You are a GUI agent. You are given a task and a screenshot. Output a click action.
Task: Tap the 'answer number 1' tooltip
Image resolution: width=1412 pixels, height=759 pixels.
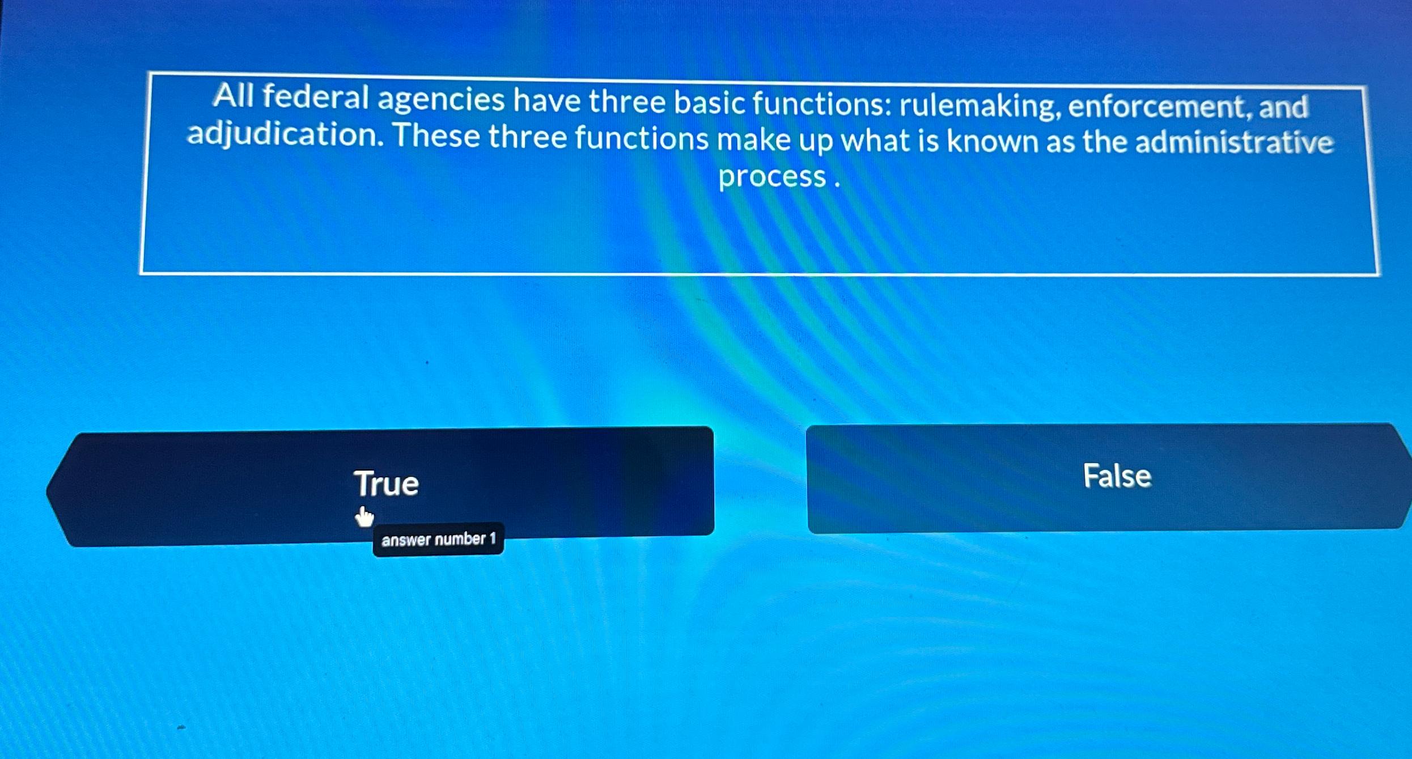[438, 539]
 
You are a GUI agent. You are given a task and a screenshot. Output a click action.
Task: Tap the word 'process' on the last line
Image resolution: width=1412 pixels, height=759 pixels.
[772, 177]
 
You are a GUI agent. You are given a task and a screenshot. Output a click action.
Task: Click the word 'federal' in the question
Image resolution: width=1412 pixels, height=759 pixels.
[315, 97]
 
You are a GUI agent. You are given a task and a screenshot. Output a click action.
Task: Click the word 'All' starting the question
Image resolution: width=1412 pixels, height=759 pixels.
[234, 96]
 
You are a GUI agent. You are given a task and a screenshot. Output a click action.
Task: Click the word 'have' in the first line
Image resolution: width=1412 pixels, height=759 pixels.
[546, 101]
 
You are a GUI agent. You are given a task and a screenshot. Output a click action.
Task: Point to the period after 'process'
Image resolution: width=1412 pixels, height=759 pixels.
[837, 184]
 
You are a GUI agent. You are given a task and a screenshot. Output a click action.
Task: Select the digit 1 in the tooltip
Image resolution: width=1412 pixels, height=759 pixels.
[492, 538]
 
